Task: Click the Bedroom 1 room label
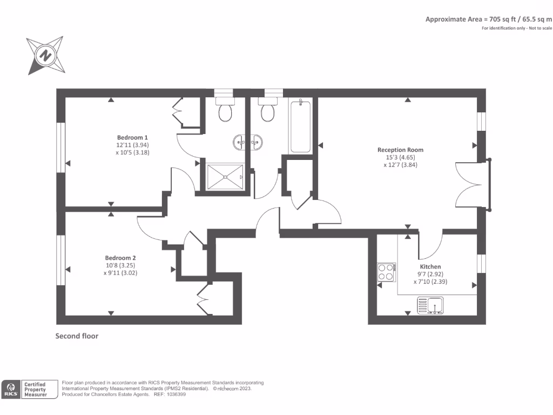pos(132,137)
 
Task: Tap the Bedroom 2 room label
pos(120,258)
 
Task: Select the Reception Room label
pos(400,150)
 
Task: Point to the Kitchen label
pos(430,266)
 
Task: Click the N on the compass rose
pos(45,56)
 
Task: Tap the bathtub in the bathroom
pos(300,126)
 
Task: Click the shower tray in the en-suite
pos(225,177)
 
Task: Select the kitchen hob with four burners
pos(387,272)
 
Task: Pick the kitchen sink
pos(430,306)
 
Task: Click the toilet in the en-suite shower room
pos(225,109)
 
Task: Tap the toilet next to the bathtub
pos(268,109)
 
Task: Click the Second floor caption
pos(77,336)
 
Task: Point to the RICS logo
pos(11,390)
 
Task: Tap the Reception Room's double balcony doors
pos(469,185)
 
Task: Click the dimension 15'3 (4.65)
pos(400,157)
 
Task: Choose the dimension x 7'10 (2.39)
pos(430,282)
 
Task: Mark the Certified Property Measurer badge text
pos(35,390)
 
